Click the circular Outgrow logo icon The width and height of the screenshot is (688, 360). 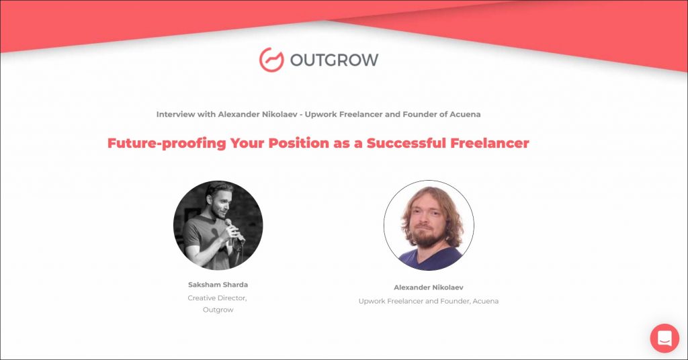(x=271, y=60)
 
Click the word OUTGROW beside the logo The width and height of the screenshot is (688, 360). (x=335, y=60)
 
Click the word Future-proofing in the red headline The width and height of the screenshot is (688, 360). (x=167, y=143)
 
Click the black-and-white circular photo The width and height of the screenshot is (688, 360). (x=218, y=225)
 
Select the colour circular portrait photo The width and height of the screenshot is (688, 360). (x=429, y=225)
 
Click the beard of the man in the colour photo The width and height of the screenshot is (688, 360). (x=428, y=237)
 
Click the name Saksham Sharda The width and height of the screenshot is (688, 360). (x=218, y=285)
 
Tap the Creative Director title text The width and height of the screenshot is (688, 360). (x=217, y=298)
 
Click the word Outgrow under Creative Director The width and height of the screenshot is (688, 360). (x=218, y=310)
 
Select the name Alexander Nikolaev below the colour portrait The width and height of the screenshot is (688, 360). (x=428, y=287)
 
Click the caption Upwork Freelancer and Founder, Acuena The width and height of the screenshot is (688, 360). (x=428, y=302)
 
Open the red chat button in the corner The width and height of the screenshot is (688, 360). (x=664, y=338)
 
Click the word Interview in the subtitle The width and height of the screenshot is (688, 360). (x=175, y=114)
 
